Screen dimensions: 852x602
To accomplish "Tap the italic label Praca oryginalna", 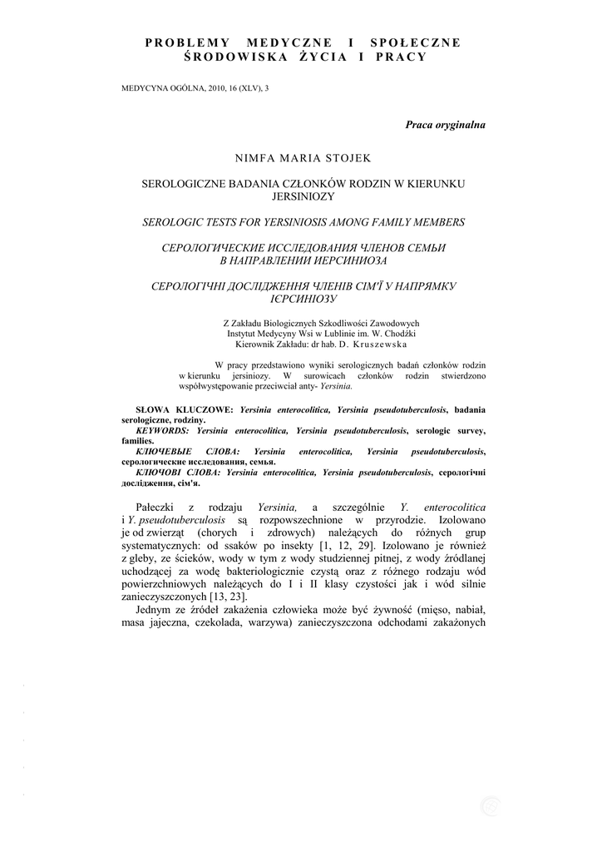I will [445, 124].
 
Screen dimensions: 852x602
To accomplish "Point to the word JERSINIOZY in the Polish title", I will [303, 196].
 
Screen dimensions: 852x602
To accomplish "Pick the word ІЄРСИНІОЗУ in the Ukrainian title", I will [303, 298].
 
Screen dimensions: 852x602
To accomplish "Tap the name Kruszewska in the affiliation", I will [380, 343].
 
